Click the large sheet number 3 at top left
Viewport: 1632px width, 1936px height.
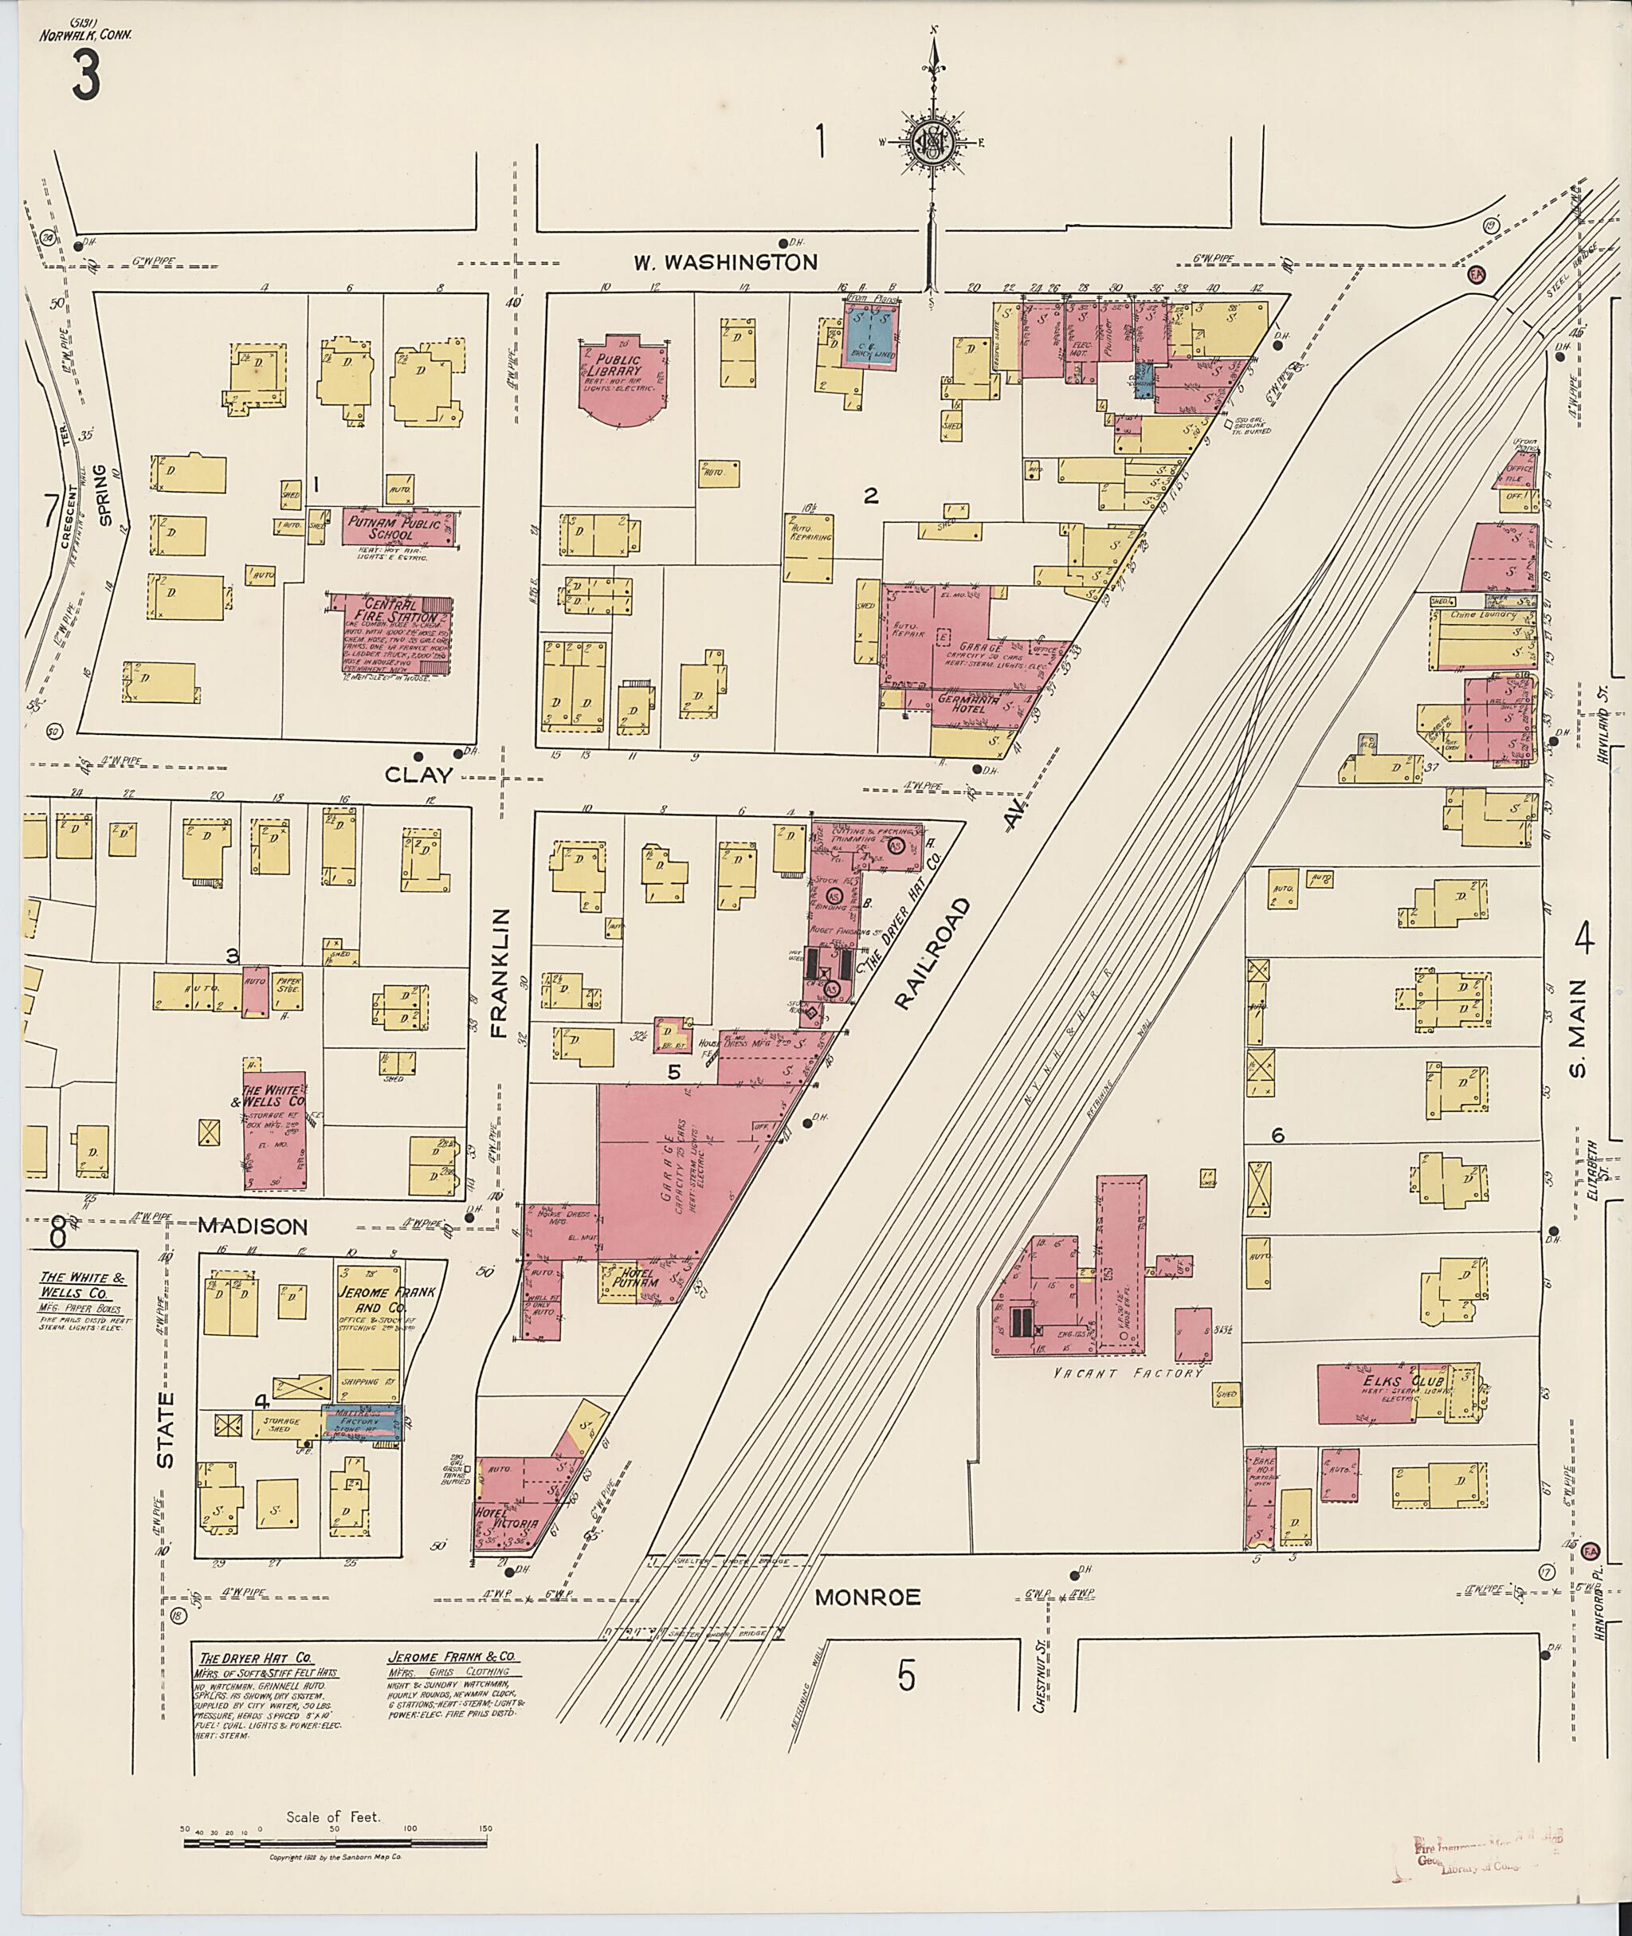[x=85, y=77]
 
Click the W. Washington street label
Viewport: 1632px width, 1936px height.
[x=725, y=263]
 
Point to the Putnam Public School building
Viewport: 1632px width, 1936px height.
[x=395, y=528]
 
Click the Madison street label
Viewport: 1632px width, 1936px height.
[x=253, y=1226]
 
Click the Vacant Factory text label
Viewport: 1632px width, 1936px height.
[x=1128, y=1372]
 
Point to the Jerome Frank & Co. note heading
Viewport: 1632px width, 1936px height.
[x=452, y=1659]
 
